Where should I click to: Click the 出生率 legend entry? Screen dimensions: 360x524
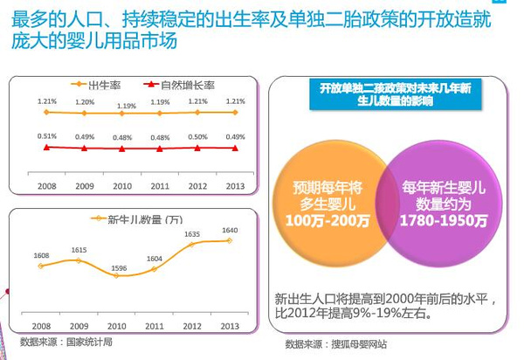[x=103, y=85]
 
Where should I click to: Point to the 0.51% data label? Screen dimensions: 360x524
[x=47, y=135]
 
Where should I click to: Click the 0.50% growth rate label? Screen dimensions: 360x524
[x=197, y=136]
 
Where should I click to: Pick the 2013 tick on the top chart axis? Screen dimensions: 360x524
[x=234, y=185]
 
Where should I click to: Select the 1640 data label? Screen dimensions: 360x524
[x=230, y=231]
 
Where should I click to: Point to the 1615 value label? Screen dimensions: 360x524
[x=79, y=250]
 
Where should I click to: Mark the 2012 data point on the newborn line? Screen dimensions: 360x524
[x=192, y=245]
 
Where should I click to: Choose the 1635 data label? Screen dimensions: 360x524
[x=192, y=234]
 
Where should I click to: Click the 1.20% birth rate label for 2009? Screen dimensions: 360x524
[x=85, y=102]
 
